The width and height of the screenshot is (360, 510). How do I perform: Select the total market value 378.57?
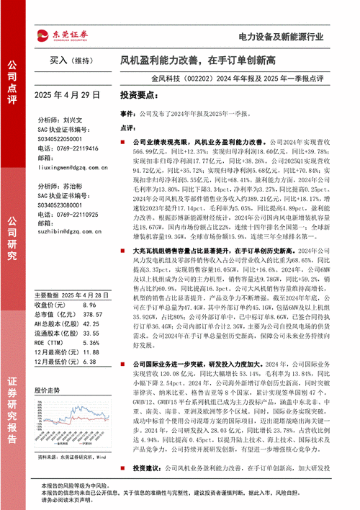(x=91, y=273)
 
